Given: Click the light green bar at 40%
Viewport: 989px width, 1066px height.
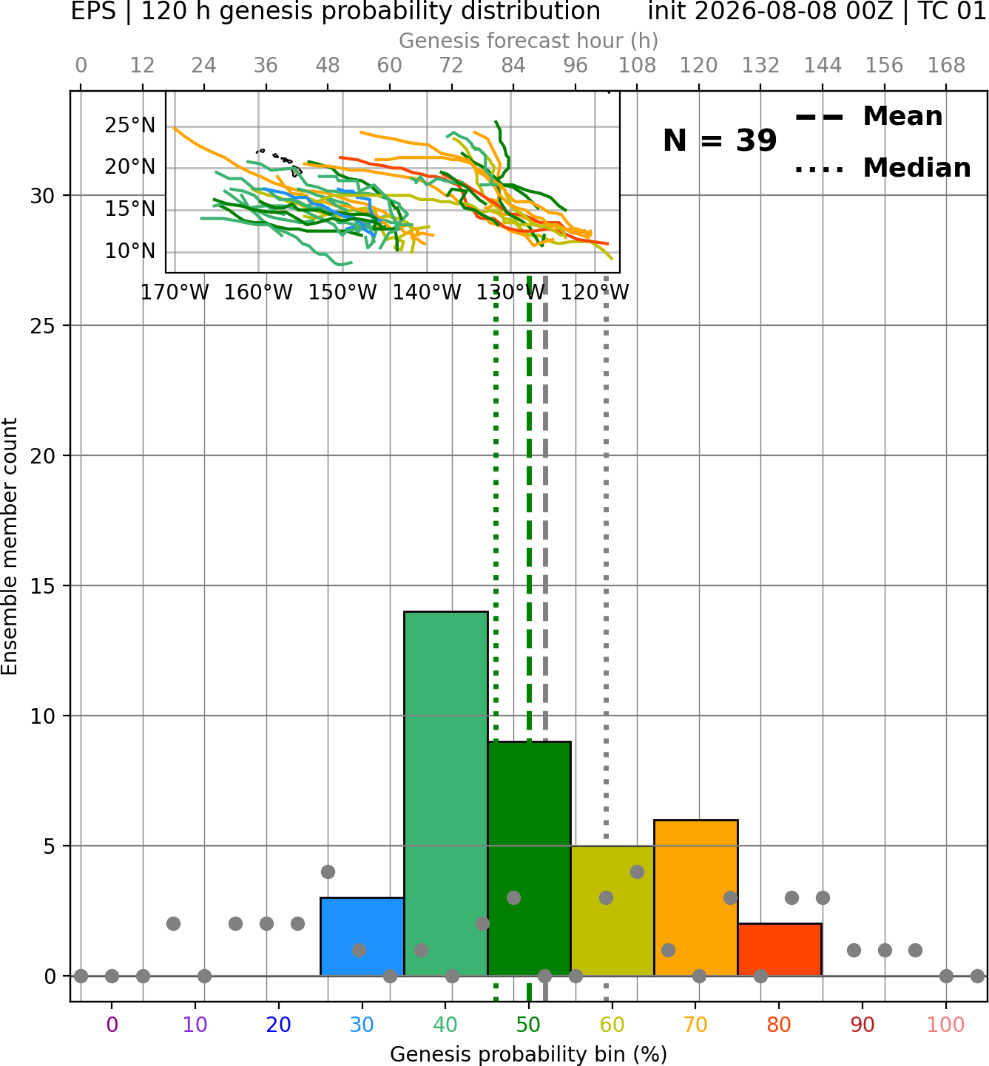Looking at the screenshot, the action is pyautogui.click(x=446, y=794).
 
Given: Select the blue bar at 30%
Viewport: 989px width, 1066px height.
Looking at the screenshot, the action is pyautogui.click(x=362, y=937).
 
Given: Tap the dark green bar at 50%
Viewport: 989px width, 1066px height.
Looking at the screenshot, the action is pyautogui.click(x=529, y=859).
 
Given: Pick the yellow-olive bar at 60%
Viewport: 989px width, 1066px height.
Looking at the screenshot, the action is pyautogui.click(x=612, y=911).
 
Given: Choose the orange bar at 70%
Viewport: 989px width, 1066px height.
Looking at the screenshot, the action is pyautogui.click(x=696, y=898).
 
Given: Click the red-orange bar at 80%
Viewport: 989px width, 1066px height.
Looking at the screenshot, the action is pyautogui.click(x=780, y=950).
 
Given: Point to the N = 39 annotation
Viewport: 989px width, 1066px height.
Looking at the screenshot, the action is pyautogui.click(x=720, y=140).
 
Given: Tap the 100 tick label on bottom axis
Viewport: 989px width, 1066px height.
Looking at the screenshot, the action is pyautogui.click(x=946, y=1025).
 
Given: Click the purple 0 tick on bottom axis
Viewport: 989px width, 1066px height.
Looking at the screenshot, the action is pyautogui.click(x=112, y=1025).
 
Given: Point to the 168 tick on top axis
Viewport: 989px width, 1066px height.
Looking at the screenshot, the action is pyautogui.click(x=946, y=66).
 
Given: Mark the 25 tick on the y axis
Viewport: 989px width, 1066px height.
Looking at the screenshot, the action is pyautogui.click(x=43, y=326).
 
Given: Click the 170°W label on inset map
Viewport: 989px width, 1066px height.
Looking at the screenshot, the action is pyautogui.click(x=175, y=293).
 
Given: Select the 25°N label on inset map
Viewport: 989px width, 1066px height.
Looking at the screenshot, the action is pyautogui.click(x=130, y=126).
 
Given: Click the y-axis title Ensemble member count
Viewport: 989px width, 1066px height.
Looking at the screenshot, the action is pyautogui.click(x=10, y=546).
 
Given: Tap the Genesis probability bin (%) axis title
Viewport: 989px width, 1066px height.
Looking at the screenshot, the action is pyautogui.click(x=529, y=1054).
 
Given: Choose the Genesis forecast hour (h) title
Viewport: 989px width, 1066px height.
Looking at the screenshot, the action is pyautogui.click(x=529, y=41).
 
